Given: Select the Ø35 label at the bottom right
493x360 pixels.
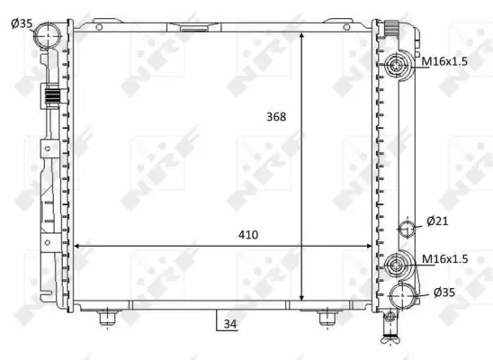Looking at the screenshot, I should click(445, 292).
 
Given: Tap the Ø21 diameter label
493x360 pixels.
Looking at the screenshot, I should click(438, 220).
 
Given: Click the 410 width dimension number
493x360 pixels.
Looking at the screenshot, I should click(248, 235).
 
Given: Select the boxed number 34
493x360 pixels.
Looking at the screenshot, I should click(229, 322).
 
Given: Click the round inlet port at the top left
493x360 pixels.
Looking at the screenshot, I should click(49, 36).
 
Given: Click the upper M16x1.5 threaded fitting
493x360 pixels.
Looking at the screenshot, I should click(399, 65).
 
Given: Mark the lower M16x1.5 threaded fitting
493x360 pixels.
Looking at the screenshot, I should click(397, 265).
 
